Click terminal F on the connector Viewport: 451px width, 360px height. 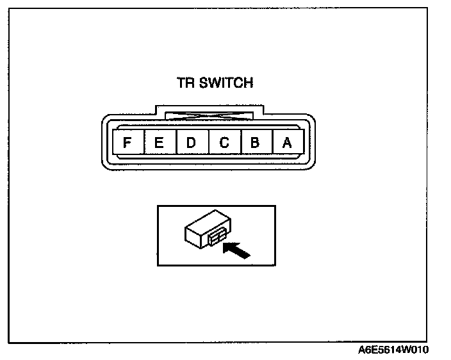click(x=127, y=143)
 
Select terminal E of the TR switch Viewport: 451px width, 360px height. click(x=159, y=143)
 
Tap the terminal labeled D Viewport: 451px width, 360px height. click(x=191, y=143)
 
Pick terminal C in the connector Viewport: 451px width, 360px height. click(x=224, y=143)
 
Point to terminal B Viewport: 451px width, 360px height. click(x=255, y=143)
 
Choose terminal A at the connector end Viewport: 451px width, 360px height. click(x=287, y=143)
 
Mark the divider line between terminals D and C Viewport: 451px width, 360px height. click(x=208, y=143)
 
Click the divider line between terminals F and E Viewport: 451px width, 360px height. click(x=143, y=143)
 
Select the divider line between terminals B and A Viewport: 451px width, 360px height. click(x=271, y=143)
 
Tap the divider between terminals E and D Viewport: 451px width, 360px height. click(x=175, y=143)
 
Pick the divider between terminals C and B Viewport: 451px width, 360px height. click(x=240, y=143)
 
